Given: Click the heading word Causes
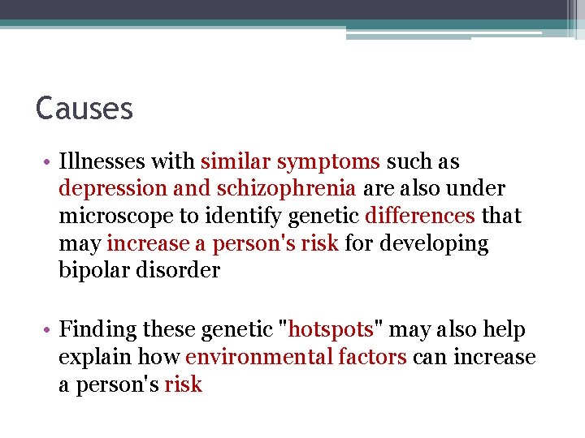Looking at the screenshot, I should click(84, 108).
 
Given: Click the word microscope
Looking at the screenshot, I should click(110, 217).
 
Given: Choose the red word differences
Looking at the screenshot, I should click(420, 216).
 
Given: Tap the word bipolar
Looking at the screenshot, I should click(91, 271).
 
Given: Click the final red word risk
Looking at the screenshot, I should click(183, 384).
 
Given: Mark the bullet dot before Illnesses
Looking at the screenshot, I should click(50, 162).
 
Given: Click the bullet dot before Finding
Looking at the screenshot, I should click(50, 330).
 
